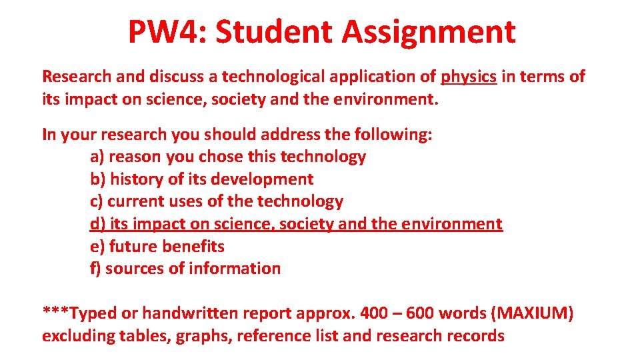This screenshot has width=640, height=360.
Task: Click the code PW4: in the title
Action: click(166, 31)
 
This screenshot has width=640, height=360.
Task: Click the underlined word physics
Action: click(469, 77)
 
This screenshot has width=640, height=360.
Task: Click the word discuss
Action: click(176, 77)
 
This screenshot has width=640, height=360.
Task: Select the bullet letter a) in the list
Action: click(97, 157)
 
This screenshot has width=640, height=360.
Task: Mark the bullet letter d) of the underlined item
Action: click(97, 224)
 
